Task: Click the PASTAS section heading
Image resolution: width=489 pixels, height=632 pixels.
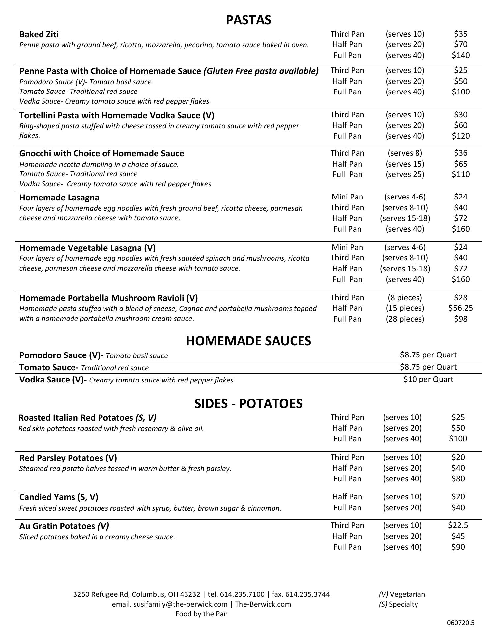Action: coord(248,20)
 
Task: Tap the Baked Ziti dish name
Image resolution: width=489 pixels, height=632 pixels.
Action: coord(39,34)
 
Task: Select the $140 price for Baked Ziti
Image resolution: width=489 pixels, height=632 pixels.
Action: coord(460,55)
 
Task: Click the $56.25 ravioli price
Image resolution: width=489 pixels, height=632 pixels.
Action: coord(460,308)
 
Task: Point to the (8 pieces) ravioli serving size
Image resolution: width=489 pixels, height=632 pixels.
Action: coord(405,298)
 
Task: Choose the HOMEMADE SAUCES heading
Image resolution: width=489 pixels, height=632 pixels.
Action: coord(248,341)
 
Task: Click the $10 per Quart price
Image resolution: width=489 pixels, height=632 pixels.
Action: coord(428,379)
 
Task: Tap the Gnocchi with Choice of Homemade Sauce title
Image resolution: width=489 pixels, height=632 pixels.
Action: coord(101,153)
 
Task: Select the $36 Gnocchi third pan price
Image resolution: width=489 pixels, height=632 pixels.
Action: coord(460,153)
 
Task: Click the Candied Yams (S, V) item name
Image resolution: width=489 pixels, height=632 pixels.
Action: coord(59,497)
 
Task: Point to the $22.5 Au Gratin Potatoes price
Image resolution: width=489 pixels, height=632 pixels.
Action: coord(458,525)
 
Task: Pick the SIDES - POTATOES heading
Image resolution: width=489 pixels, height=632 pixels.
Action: coord(248,404)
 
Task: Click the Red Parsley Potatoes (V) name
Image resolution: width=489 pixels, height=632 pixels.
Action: coord(68,458)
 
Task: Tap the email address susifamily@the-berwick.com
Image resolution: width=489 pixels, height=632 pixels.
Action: coord(180,604)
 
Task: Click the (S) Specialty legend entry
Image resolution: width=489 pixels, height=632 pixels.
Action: coord(398,604)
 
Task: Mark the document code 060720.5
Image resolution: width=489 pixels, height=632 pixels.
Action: coord(460,623)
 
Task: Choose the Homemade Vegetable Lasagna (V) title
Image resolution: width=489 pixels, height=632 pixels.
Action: coord(87,248)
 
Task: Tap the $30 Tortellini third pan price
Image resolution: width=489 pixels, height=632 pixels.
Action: coord(460,115)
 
